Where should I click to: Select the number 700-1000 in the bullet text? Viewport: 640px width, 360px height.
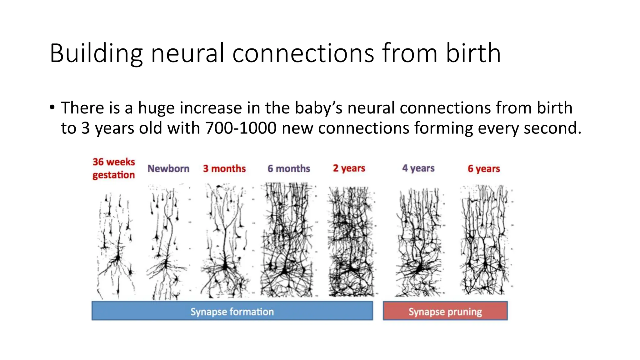(x=241, y=128)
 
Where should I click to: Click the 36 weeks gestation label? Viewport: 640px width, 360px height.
(x=114, y=168)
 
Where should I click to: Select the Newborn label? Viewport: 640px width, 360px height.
(x=168, y=169)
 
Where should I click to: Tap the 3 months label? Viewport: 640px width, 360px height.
(x=224, y=169)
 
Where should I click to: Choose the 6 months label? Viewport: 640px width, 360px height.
(x=289, y=169)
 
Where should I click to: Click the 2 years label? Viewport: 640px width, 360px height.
(x=349, y=168)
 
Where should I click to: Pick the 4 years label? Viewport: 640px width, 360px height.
(x=418, y=168)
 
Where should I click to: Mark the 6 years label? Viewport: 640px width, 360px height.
(x=484, y=169)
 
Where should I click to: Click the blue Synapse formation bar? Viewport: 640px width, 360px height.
(x=232, y=311)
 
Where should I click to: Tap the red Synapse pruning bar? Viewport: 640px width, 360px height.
(x=445, y=311)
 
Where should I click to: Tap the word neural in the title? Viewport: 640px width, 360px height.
(x=187, y=53)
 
